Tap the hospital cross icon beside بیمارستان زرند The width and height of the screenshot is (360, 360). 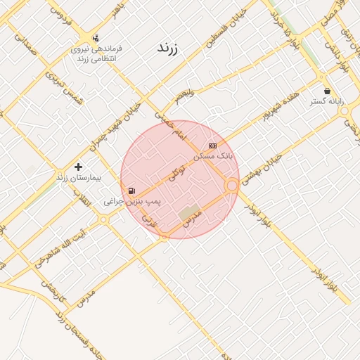coord(78,167)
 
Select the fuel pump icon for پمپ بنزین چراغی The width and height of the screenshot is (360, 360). coord(131,191)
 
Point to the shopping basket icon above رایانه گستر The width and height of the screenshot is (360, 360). coord(327,91)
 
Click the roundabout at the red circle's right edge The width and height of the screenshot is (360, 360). coord(232,185)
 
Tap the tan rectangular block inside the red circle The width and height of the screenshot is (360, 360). coord(188,212)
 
